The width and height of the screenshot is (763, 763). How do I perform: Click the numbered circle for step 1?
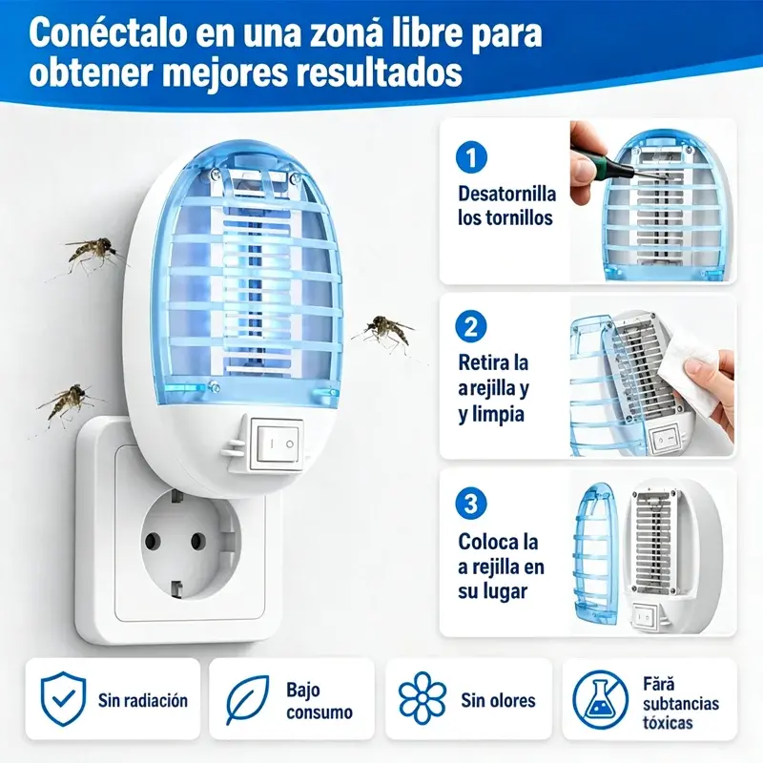[x=471, y=156]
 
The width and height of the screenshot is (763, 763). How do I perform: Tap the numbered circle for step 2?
[x=471, y=326]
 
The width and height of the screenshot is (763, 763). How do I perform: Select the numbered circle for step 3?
[x=471, y=504]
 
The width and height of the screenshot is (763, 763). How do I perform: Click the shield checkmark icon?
[x=63, y=699]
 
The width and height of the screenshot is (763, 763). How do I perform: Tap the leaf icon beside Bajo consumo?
[x=247, y=700]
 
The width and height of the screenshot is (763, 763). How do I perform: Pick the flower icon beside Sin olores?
[x=422, y=698]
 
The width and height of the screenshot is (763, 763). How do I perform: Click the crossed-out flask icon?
[x=601, y=700]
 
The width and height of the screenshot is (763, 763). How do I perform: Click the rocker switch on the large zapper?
[x=276, y=443]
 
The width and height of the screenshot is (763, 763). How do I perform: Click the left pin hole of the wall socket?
[x=153, y=540]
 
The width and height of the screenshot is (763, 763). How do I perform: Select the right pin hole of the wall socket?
[x=198, y=541]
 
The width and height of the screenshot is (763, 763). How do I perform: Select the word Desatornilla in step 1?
[x=506, y=194]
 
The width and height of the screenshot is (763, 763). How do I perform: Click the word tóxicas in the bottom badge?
[x=668, y=722]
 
